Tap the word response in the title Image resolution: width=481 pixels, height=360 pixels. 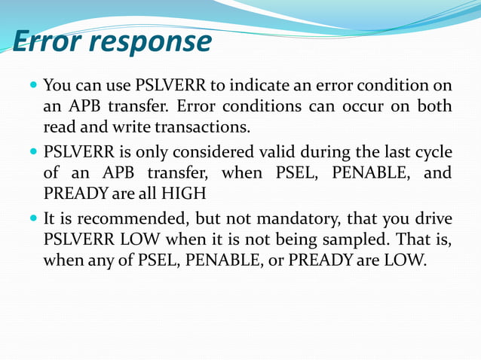154,42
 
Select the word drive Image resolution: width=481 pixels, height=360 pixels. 433,220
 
